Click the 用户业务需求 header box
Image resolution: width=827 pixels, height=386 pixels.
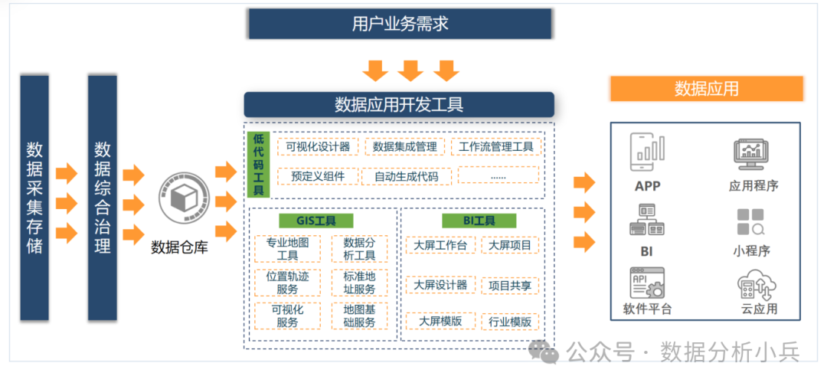(400, 24)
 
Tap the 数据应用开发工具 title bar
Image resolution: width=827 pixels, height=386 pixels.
(399, 104)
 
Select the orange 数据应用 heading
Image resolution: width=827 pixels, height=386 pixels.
(706, 88)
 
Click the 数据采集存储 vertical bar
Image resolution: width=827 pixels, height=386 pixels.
(34, 198)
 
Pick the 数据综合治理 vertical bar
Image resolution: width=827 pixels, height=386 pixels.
(102, 198)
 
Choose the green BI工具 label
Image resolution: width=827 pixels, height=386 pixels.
(479, 221)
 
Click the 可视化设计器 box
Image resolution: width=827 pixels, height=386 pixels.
(317, 146)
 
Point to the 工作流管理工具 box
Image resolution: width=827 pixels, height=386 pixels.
(496, 146)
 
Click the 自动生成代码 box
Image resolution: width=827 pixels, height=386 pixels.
(406, 176)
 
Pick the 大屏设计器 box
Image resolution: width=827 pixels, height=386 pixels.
(440, 285)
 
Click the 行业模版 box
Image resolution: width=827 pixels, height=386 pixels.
(510, 322)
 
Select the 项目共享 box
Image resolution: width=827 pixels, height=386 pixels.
(510, 285)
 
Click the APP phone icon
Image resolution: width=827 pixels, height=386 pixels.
(647, 152)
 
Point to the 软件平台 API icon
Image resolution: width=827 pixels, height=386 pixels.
(647, 283)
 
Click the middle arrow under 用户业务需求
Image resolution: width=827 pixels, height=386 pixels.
(410, 70)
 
